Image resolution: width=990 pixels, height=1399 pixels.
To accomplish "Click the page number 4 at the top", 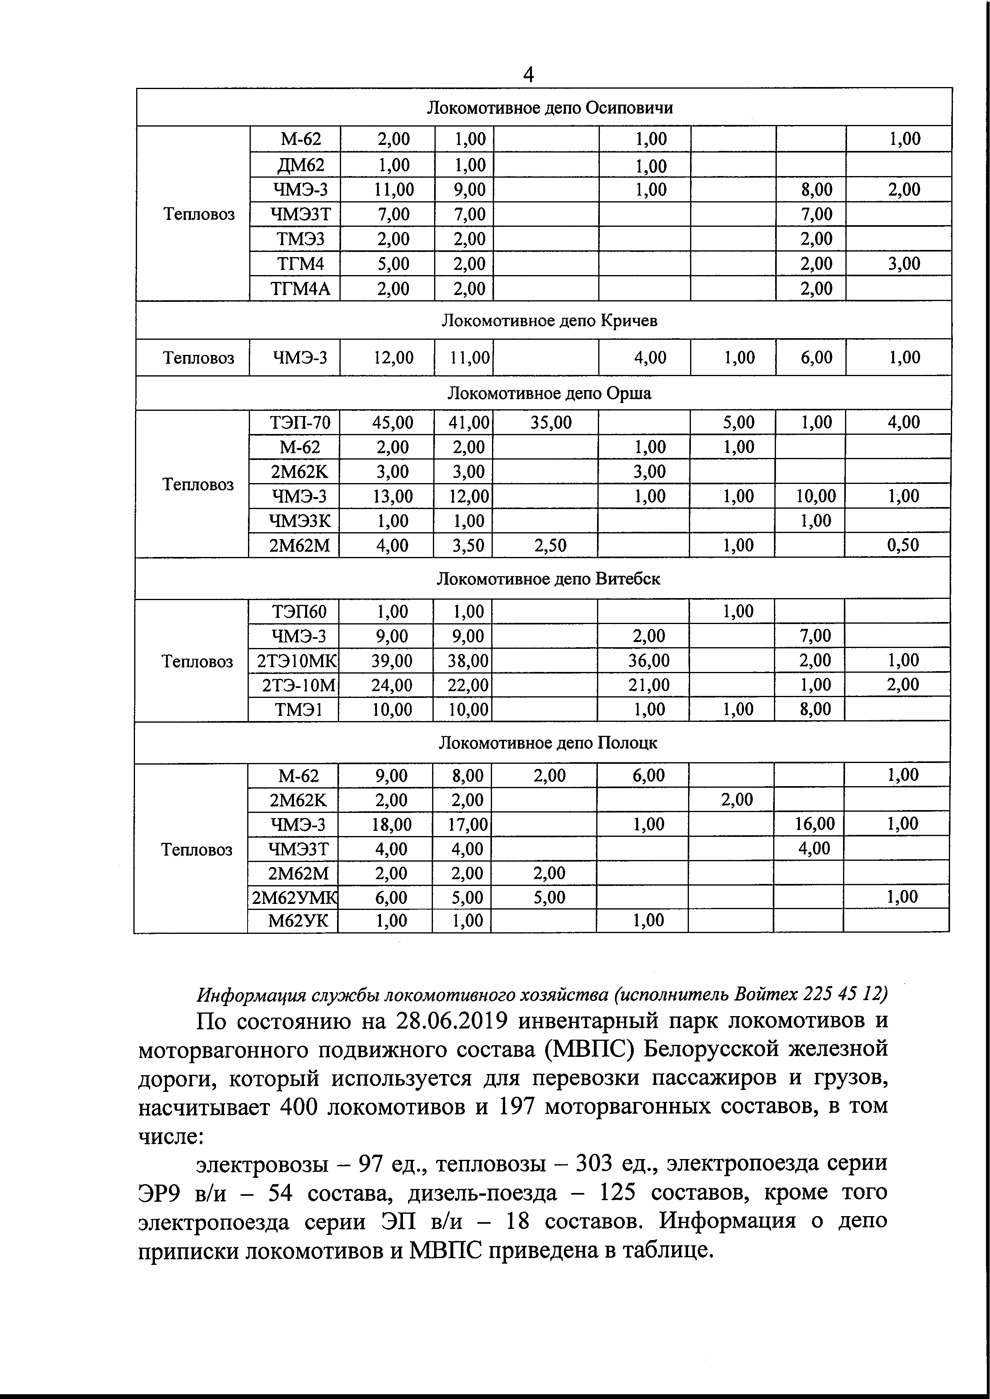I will [x=528, y=74].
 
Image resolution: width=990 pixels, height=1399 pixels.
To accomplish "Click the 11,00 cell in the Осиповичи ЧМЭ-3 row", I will [x=393, y=190].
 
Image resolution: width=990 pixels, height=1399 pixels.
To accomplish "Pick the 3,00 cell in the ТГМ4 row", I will [x=903, y=264].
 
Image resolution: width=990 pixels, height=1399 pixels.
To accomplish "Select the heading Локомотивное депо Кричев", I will [x=549, y=321].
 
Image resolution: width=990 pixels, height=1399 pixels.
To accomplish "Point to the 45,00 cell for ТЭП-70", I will [x=393, y=422].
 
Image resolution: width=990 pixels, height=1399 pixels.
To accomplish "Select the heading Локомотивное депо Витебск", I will [x=548, y=578].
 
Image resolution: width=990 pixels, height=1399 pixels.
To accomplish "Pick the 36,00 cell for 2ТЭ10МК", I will [x=649, y=660].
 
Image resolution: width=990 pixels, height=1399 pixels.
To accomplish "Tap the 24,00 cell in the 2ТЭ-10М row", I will [x=391, y=685].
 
